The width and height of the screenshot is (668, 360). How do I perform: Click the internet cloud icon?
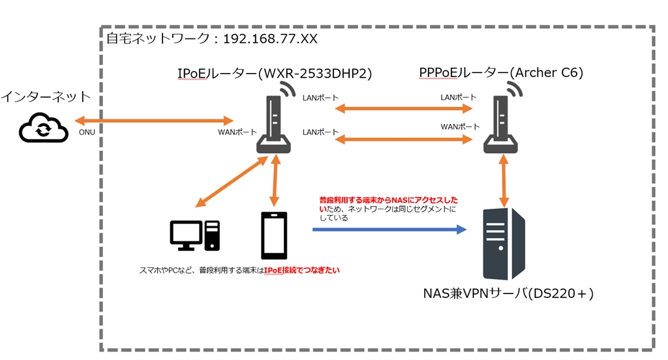click(x=44, y=128)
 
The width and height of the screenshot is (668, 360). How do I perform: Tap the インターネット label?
click(x=46, y=98)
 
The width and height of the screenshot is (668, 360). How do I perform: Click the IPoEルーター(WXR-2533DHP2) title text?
click(x=274, y=74)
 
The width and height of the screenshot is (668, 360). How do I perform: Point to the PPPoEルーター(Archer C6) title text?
click(x=501, y=74)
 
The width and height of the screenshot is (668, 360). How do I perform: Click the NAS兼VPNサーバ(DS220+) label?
click(x=508, y=294)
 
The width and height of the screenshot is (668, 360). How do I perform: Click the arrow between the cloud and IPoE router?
click(x=154, y=121)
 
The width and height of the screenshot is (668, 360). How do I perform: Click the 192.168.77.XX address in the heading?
click(x=270, y=39)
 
